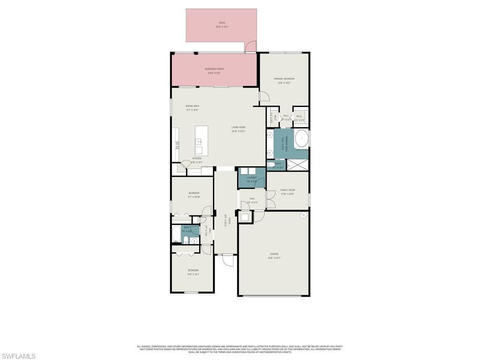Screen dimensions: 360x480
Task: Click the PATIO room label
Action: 222,22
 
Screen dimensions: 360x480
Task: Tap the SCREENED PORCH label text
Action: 214,69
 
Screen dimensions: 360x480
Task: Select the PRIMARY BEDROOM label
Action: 284,79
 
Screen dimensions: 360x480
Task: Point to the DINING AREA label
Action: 192,106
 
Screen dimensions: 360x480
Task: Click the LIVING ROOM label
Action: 238,127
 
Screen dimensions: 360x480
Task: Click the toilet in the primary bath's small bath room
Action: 271,165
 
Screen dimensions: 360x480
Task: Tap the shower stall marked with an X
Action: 297,165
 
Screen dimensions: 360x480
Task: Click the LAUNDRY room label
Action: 252,178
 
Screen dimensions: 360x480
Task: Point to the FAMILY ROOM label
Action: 288,190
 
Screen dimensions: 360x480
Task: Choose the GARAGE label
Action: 274,254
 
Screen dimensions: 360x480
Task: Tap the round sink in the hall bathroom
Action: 195,241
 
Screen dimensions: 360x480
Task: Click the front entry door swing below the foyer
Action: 228,260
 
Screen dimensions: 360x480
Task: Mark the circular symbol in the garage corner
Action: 303,216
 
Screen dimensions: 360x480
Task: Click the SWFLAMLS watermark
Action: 18,356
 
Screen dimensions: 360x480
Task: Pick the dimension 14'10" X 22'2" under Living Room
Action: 238,131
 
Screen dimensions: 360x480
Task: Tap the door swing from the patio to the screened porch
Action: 251,47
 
